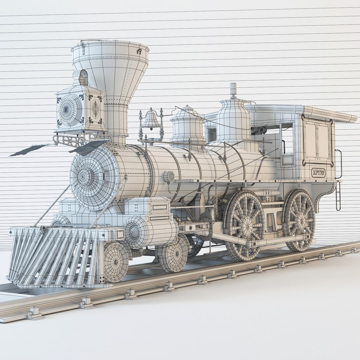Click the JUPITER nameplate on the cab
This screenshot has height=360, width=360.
point(318,172)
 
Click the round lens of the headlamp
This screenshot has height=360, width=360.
point(70,110)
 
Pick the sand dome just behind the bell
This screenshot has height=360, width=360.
point(188,125)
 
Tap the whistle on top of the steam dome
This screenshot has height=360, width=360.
point(233,90)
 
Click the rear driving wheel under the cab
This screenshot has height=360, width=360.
point(299,220)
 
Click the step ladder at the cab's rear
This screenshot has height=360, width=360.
point(338,197)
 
